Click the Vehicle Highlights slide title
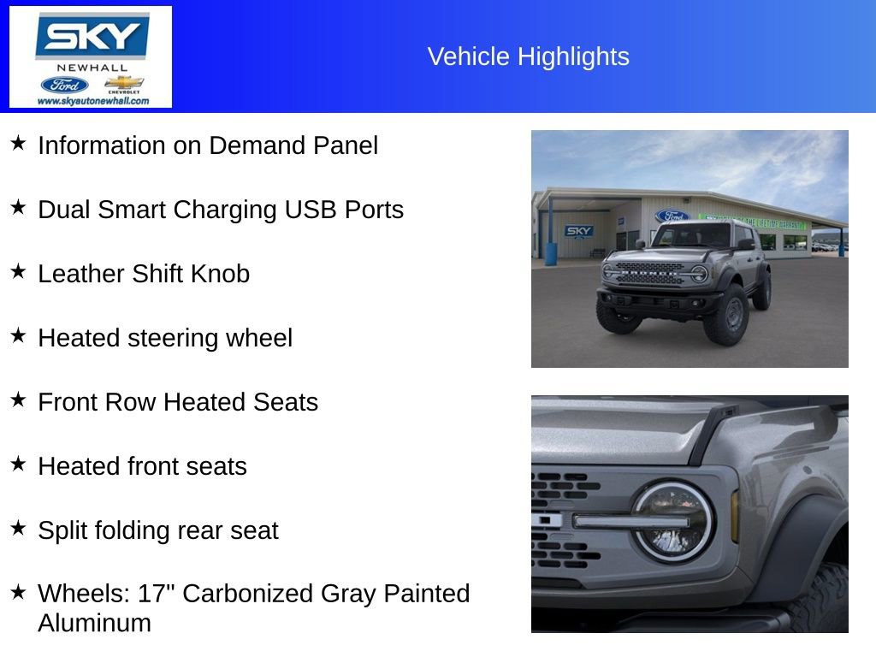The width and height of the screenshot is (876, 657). click(528, 56)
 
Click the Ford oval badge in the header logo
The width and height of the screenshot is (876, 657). click(64, 85)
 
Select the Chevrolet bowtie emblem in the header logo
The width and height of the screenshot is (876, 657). click(123, 83)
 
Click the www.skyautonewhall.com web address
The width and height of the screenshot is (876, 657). click(92, 101)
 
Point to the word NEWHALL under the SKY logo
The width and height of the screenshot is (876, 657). click(92, 68)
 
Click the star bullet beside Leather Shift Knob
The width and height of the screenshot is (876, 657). click(18, 271)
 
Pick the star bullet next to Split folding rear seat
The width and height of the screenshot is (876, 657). click(18, 528)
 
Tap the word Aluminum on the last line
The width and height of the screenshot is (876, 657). click(94, 623)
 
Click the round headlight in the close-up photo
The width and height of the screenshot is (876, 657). click(672, 521)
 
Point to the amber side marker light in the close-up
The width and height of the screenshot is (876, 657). click(734, 516)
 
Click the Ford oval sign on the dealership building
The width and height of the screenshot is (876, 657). click(672, 216)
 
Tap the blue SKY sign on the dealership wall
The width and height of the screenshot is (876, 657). click(579, 231)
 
